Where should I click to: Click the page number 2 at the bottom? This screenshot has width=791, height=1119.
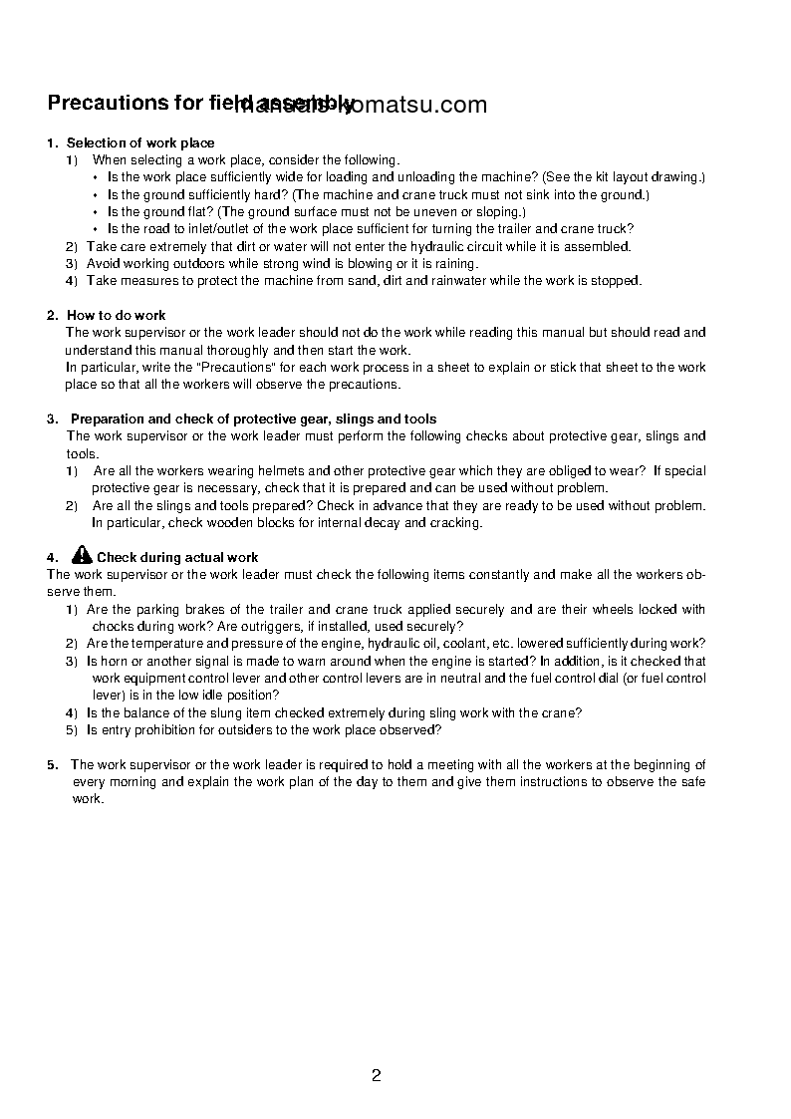376,1075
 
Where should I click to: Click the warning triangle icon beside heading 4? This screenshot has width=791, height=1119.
83,556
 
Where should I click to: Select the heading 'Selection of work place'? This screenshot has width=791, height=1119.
140,142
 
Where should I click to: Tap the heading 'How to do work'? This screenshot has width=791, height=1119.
116,315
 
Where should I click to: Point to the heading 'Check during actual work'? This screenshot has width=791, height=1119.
177,558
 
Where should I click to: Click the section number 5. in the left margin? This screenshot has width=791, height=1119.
52,765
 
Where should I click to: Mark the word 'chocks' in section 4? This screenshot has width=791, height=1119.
112,626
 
